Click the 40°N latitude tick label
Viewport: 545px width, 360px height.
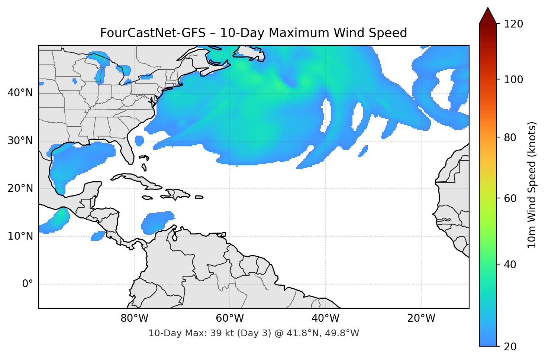click(x=20, y=93)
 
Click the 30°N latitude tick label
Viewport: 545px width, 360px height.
click(x=20, y=141)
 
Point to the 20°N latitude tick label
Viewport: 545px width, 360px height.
click(x=20, y=188)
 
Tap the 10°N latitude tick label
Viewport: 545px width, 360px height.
click(x=20, y=236)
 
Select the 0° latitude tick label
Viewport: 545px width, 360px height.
click(x=28, y=284)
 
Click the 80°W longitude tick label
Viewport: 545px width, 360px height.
click(x=134, y=318)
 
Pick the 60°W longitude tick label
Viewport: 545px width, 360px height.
click(x=230, y=318)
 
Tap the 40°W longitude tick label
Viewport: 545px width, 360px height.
click(x=325, y=318)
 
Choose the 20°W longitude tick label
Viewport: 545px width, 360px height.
click(x=421, y=318)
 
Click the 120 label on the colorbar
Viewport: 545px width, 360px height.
click(x=513, y=24)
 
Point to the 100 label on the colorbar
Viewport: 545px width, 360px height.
click(x=513, y=80)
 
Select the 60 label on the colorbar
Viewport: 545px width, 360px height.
click(x=510, y=198)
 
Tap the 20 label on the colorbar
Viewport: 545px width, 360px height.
click(x=510, y=347)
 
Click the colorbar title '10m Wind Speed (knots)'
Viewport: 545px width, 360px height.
click(x=532, y=185)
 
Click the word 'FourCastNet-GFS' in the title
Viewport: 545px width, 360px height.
click(x=153, y=33)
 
